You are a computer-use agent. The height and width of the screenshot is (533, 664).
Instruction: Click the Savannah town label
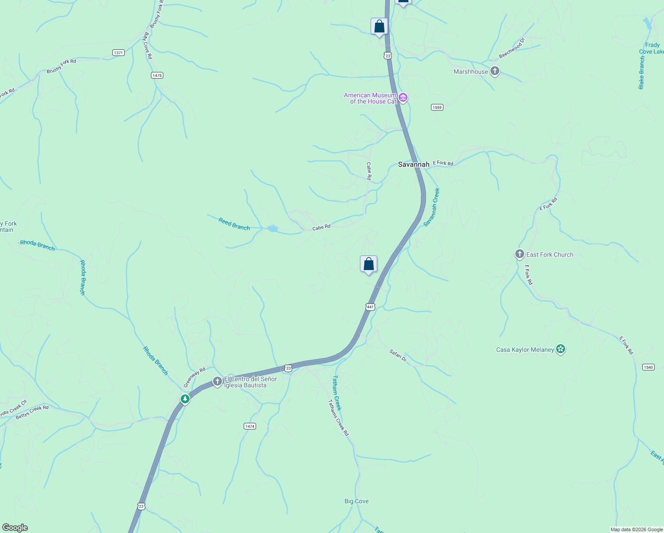414,164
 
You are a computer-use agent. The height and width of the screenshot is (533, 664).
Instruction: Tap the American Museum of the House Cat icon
403,98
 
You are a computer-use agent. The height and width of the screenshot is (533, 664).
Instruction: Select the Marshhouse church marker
495,71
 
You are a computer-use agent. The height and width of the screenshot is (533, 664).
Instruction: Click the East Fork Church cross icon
519,254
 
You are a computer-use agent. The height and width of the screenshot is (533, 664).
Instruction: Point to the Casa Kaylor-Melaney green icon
561,349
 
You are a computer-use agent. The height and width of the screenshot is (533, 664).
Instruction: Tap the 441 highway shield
371,307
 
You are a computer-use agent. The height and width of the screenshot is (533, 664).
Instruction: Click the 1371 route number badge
118,53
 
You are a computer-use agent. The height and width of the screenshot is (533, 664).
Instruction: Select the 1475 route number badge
157,76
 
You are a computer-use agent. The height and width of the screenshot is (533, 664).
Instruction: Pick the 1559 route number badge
437,107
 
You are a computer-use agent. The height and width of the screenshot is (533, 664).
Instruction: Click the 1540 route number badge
648,367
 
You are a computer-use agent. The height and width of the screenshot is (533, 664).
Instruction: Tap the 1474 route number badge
250,426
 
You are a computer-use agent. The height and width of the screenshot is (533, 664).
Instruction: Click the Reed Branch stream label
234,224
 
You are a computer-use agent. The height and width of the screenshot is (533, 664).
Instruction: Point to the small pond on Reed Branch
273,229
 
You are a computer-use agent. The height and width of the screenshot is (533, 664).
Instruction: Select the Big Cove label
356,501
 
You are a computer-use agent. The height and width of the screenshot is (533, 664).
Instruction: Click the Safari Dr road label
398,355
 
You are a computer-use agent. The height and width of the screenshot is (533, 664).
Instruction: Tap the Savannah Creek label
431,207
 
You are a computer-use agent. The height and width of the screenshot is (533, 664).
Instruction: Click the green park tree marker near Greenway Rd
185,399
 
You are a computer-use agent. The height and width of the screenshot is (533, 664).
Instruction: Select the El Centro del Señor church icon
217,381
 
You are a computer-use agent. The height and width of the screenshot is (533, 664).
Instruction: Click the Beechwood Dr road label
512,48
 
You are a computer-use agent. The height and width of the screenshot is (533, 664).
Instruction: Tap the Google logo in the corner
15,528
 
